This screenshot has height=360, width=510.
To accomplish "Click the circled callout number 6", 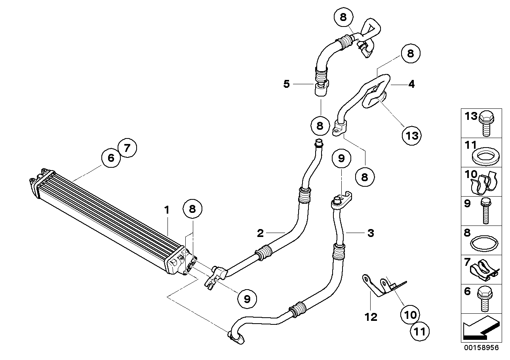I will pyautogui.click(x=111, y=158).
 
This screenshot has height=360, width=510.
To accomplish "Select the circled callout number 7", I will pyautogui.click(x=127, y=148).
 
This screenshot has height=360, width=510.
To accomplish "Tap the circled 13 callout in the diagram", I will pyautogui.click(x=412, y=135).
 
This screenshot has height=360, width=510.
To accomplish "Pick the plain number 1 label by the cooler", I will pyautogui.click(x=167, y=210).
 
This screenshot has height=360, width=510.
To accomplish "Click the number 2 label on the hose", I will pyautogui.click(x=260, y=233).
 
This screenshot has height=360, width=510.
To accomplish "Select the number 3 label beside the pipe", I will pyautogui.click(x=370, y=233).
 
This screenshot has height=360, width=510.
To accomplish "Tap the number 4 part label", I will pyautogui.click(x=411, y=84).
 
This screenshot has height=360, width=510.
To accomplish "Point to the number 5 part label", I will pyautogui.click(x=286, y=84).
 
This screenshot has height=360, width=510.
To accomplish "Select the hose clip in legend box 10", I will pyautogui.click(x=485, y=183).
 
